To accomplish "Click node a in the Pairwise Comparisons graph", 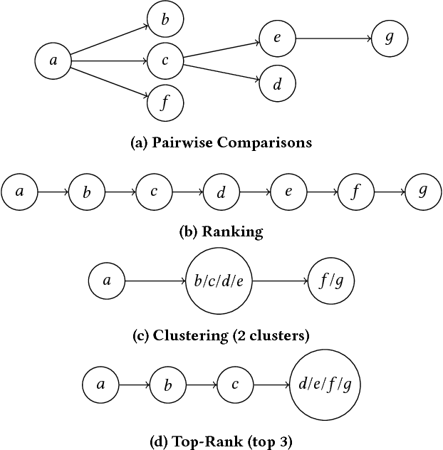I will click(53, 61).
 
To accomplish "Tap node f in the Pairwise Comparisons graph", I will click(165, 103).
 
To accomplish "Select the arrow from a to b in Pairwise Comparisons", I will click(109, 41).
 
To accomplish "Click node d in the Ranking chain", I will click(221, 192).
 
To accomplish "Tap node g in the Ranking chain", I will click(423, 192).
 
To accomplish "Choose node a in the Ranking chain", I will click(19, 192).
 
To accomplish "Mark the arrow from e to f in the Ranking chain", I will click(320, 192).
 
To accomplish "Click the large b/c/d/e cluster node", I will click(219, 281).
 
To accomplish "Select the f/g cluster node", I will click(330, 281).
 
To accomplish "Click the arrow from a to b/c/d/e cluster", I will click(155, 281).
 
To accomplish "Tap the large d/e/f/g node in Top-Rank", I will click(325, 385).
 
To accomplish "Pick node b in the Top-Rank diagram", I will click(168, 385).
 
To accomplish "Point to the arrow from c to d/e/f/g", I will click(271, 385).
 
